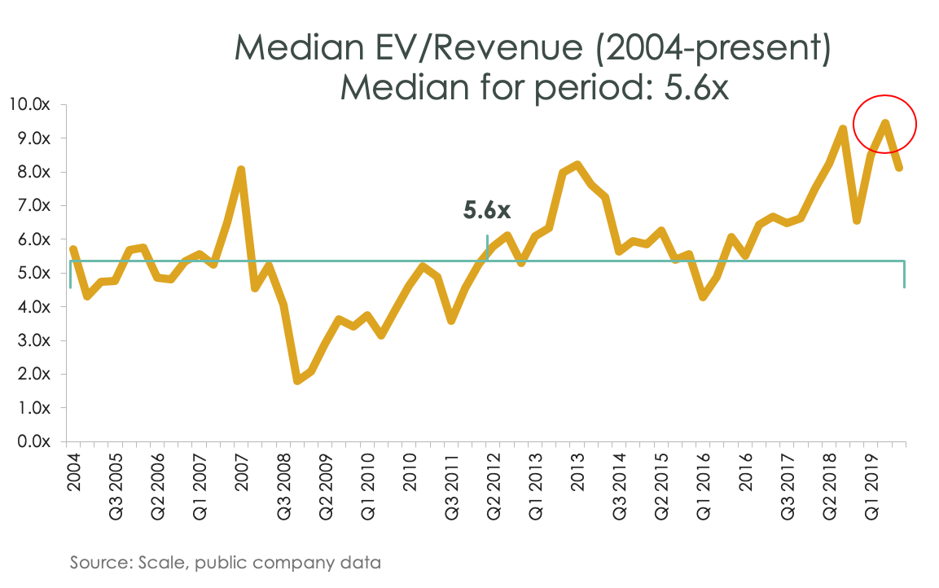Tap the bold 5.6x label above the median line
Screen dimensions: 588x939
point(487,211)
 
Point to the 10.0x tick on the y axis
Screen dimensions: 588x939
point(29,104)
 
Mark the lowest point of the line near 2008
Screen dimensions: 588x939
point(297,380)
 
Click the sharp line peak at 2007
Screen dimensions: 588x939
point(241,169)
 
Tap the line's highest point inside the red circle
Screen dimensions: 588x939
point(884,123)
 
